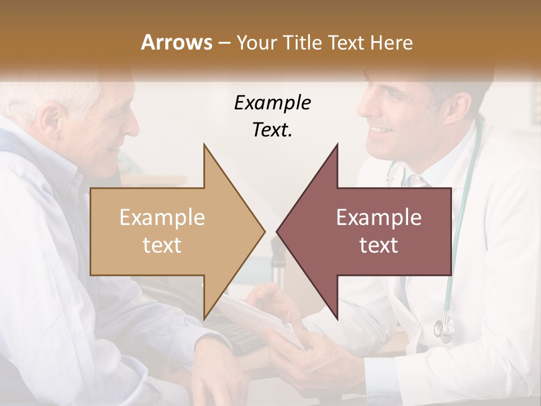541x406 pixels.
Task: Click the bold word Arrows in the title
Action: point(176,42)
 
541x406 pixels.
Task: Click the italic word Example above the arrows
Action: point(272,103)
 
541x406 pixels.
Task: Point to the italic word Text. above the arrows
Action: point(272,130)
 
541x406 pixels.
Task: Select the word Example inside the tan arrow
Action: point(162,218)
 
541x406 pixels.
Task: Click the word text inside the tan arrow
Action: point(162,245)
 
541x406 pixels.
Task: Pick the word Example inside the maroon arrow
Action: point(379,218)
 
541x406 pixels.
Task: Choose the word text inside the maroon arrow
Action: point(379,245)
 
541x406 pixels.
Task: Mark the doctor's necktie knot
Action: point(416,182)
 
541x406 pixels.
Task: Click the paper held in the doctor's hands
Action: point(254,316)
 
